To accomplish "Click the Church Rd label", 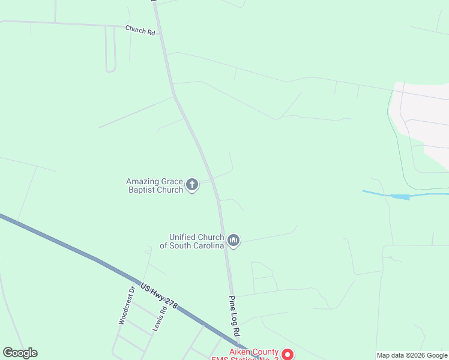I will tap(140, 29).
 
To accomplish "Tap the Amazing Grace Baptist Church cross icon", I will tap(192, 185).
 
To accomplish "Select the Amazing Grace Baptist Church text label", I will tap(154, 185).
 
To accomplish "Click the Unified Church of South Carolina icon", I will tap(234, 241).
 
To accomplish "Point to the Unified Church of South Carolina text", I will tap(192, 241).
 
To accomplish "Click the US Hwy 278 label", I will tap(158, 296).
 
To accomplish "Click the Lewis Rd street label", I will tap(158, 318).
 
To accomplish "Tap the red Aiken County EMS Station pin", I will tap(288, 355).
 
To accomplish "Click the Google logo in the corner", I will tap(20, 353).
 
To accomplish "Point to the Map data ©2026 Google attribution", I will tap(412, 355).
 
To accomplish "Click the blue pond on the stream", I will tap(400, 196).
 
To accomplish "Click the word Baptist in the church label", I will tap(139, 190).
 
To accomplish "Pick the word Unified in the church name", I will tap(183, 237).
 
